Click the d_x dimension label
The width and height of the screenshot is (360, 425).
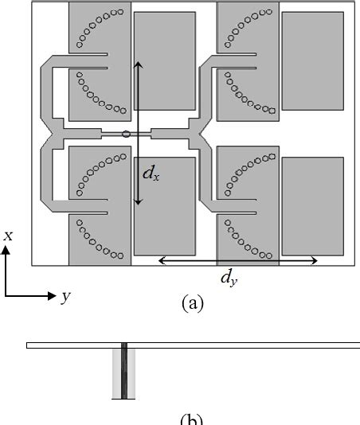click(x=150, y=173)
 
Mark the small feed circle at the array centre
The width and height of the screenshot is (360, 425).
click(x=126, y=135)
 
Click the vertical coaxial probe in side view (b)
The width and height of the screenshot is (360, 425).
click(x=124, y=372)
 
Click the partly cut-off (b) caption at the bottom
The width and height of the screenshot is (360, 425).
click(x=192, y=421)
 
